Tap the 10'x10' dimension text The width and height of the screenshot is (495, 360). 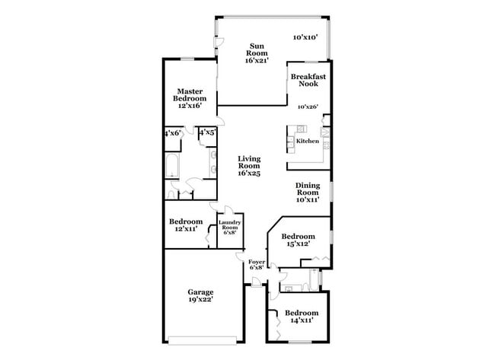(306, 37)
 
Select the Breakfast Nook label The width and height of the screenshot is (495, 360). (308, 81)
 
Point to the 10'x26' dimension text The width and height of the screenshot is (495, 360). (308, 107)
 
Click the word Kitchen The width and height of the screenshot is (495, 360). (308, 141)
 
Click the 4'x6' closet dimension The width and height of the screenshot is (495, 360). (171, 132)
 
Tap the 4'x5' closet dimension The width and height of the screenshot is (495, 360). (207, 132)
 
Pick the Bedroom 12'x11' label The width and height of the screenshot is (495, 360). (186, 225)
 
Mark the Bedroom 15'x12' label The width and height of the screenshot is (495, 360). (299, 240)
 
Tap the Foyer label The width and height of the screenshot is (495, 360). (257, 264)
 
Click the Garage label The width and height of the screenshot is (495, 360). (201, 292)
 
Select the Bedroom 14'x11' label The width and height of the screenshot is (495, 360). (302, 317)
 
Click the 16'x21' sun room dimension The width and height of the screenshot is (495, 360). (258, 60)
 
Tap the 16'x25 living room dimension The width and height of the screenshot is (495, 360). (249, 174)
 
